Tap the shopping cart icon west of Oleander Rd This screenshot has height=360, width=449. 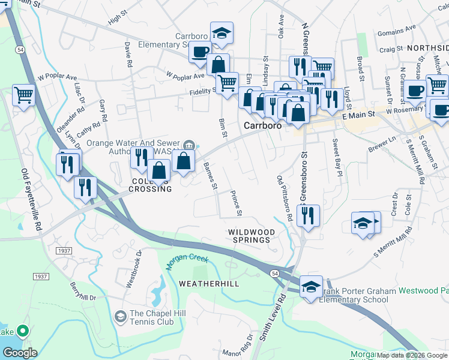tap(23, 95)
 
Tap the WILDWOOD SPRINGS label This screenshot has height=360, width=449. tap(252, 236)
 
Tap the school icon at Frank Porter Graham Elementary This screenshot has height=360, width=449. tap(311, 287)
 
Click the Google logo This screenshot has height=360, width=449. tap(20, 352)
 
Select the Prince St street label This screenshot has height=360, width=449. tap(237, 203)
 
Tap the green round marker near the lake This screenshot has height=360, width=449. tap(23, 331)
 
